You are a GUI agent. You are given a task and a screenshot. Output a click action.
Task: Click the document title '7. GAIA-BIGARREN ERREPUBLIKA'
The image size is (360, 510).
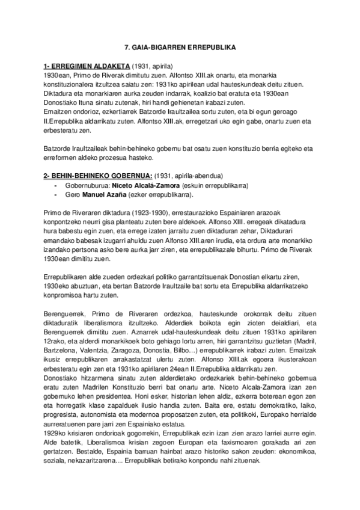click(x=180, y=46)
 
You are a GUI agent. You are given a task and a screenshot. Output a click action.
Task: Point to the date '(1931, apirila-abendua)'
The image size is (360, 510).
click(x=189, y=175)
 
